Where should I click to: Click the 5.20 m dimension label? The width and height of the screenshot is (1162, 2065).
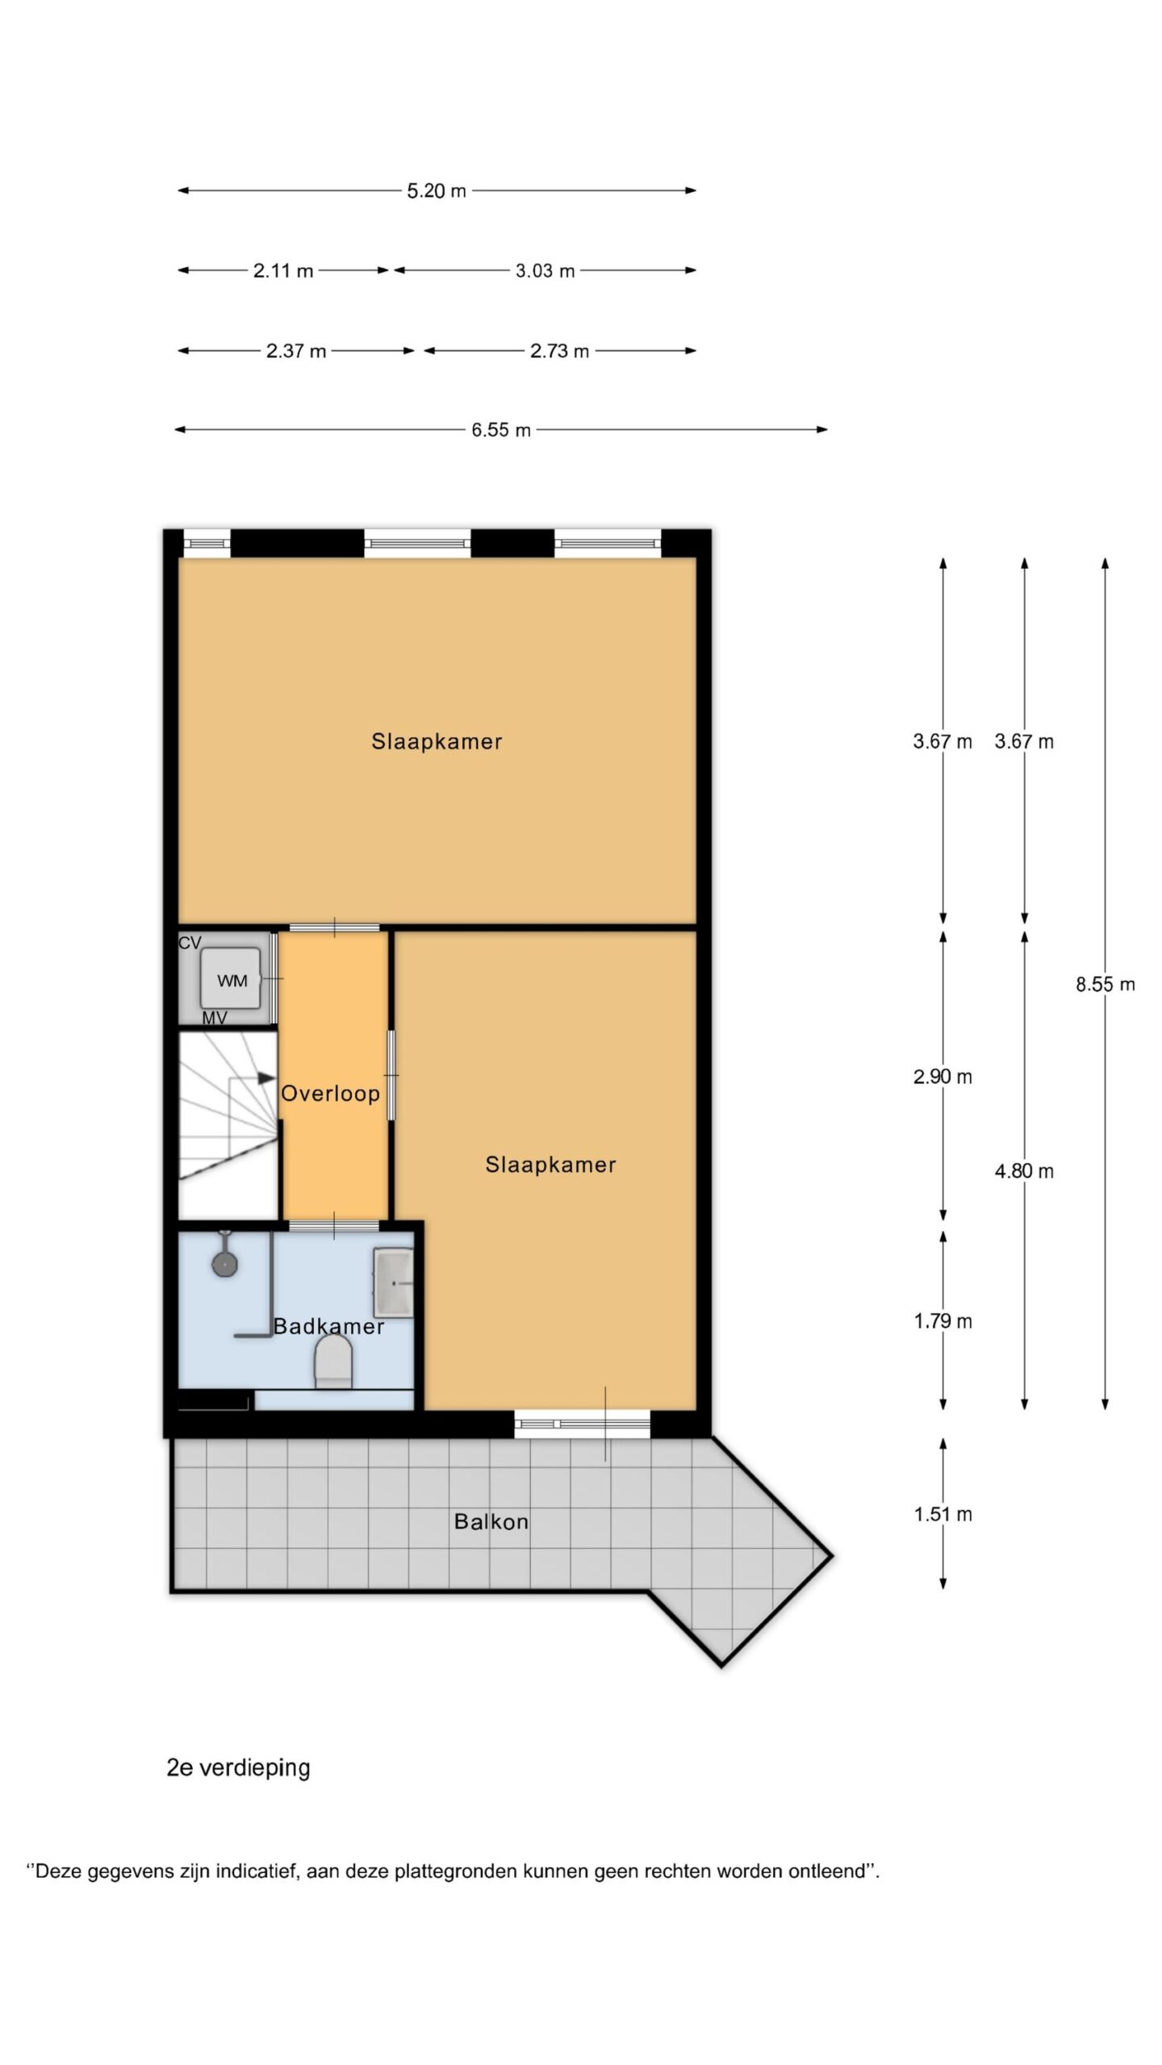coord(437,191)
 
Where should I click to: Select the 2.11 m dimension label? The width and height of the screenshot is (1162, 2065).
coord(283,271)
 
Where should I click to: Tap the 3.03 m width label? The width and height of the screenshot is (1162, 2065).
coord(545,271)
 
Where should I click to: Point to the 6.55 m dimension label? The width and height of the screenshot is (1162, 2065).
coord(501,430)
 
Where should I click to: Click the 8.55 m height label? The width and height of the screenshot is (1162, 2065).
coord(1106,984)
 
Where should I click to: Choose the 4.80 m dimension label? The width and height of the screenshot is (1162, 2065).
coord(1024,1171)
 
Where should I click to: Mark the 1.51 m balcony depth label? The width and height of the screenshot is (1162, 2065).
coord(943,1514)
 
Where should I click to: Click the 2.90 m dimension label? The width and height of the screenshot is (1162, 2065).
coord(943,1077)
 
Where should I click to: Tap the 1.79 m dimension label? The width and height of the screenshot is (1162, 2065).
coord(943,1321)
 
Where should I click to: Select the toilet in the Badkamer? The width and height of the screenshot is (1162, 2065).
coord(333,1362)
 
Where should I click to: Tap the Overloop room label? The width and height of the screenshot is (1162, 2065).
coord(330,1094)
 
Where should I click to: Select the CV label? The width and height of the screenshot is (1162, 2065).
coord(190,943)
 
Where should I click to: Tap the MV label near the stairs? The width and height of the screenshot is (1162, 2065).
coord(214,1018)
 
